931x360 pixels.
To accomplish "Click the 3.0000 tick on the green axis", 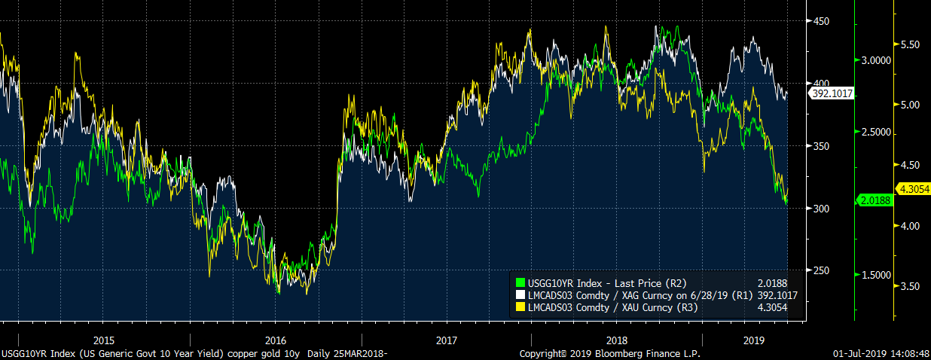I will (x=875, y=60).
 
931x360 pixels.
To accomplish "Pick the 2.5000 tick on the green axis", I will (x=875, y=133).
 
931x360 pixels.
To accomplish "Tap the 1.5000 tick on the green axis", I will (x=875, y=276).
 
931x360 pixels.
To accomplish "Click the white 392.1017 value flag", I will (x=831, y=94).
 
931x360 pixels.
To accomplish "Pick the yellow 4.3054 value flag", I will (x=911, y=189).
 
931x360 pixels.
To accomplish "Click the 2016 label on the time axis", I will (x=276, y=340).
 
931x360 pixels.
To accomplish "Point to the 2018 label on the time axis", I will (x=616, y=340).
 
